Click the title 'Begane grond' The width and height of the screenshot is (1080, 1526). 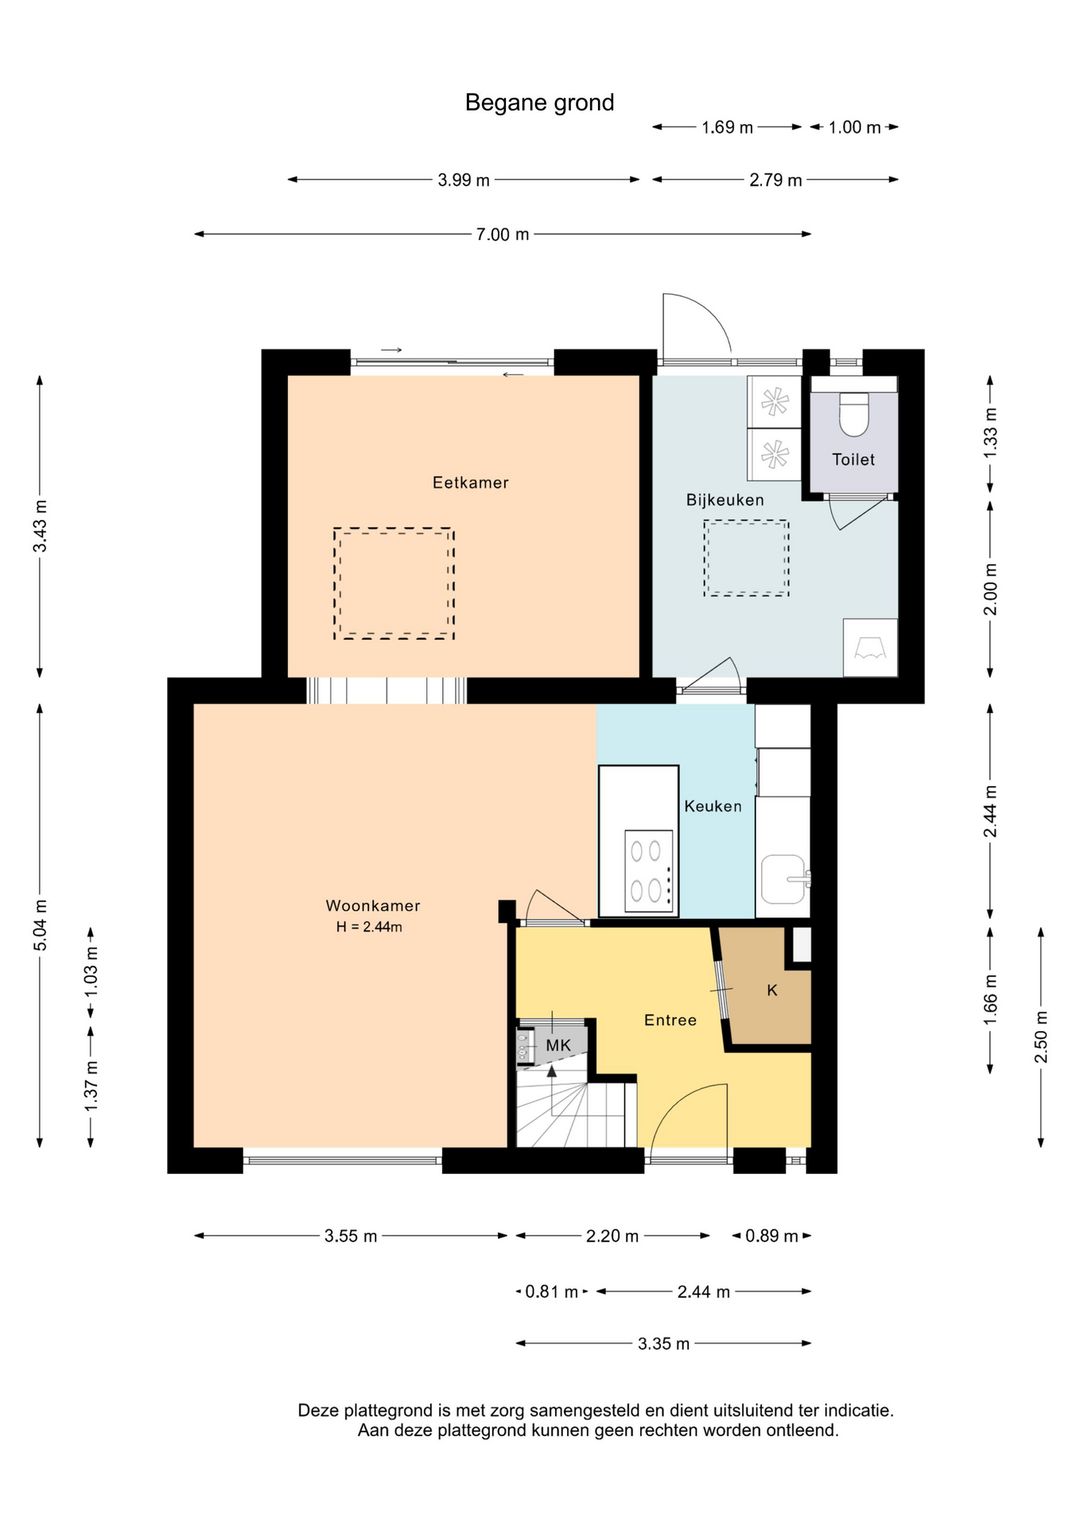pos(539,103)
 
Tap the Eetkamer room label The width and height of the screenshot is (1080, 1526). pos(470,482)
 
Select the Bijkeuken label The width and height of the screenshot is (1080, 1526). pos(724,499)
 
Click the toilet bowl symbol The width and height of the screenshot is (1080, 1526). pos(853,414)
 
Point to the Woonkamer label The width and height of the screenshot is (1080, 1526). pos(372,905)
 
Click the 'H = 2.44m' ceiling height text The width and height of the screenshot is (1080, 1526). pos(369,926)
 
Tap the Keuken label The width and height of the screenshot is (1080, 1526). pos(713,806)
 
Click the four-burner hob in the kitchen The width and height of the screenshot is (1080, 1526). pos(649,872)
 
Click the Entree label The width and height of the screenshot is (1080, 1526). pos(670,1020)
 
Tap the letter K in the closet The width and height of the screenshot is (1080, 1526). pos(772,990)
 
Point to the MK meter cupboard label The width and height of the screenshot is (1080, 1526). pos(558,1045)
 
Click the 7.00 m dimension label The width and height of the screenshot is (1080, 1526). pos(502,234)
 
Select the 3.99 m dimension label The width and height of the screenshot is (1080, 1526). pos(463,180)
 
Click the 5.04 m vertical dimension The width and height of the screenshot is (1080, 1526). pos(40,925)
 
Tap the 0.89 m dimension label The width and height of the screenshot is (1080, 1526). pos(771,1236)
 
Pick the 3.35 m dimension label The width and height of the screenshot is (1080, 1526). pos(664,1343)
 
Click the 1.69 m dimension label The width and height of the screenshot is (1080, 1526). pos(727,127)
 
